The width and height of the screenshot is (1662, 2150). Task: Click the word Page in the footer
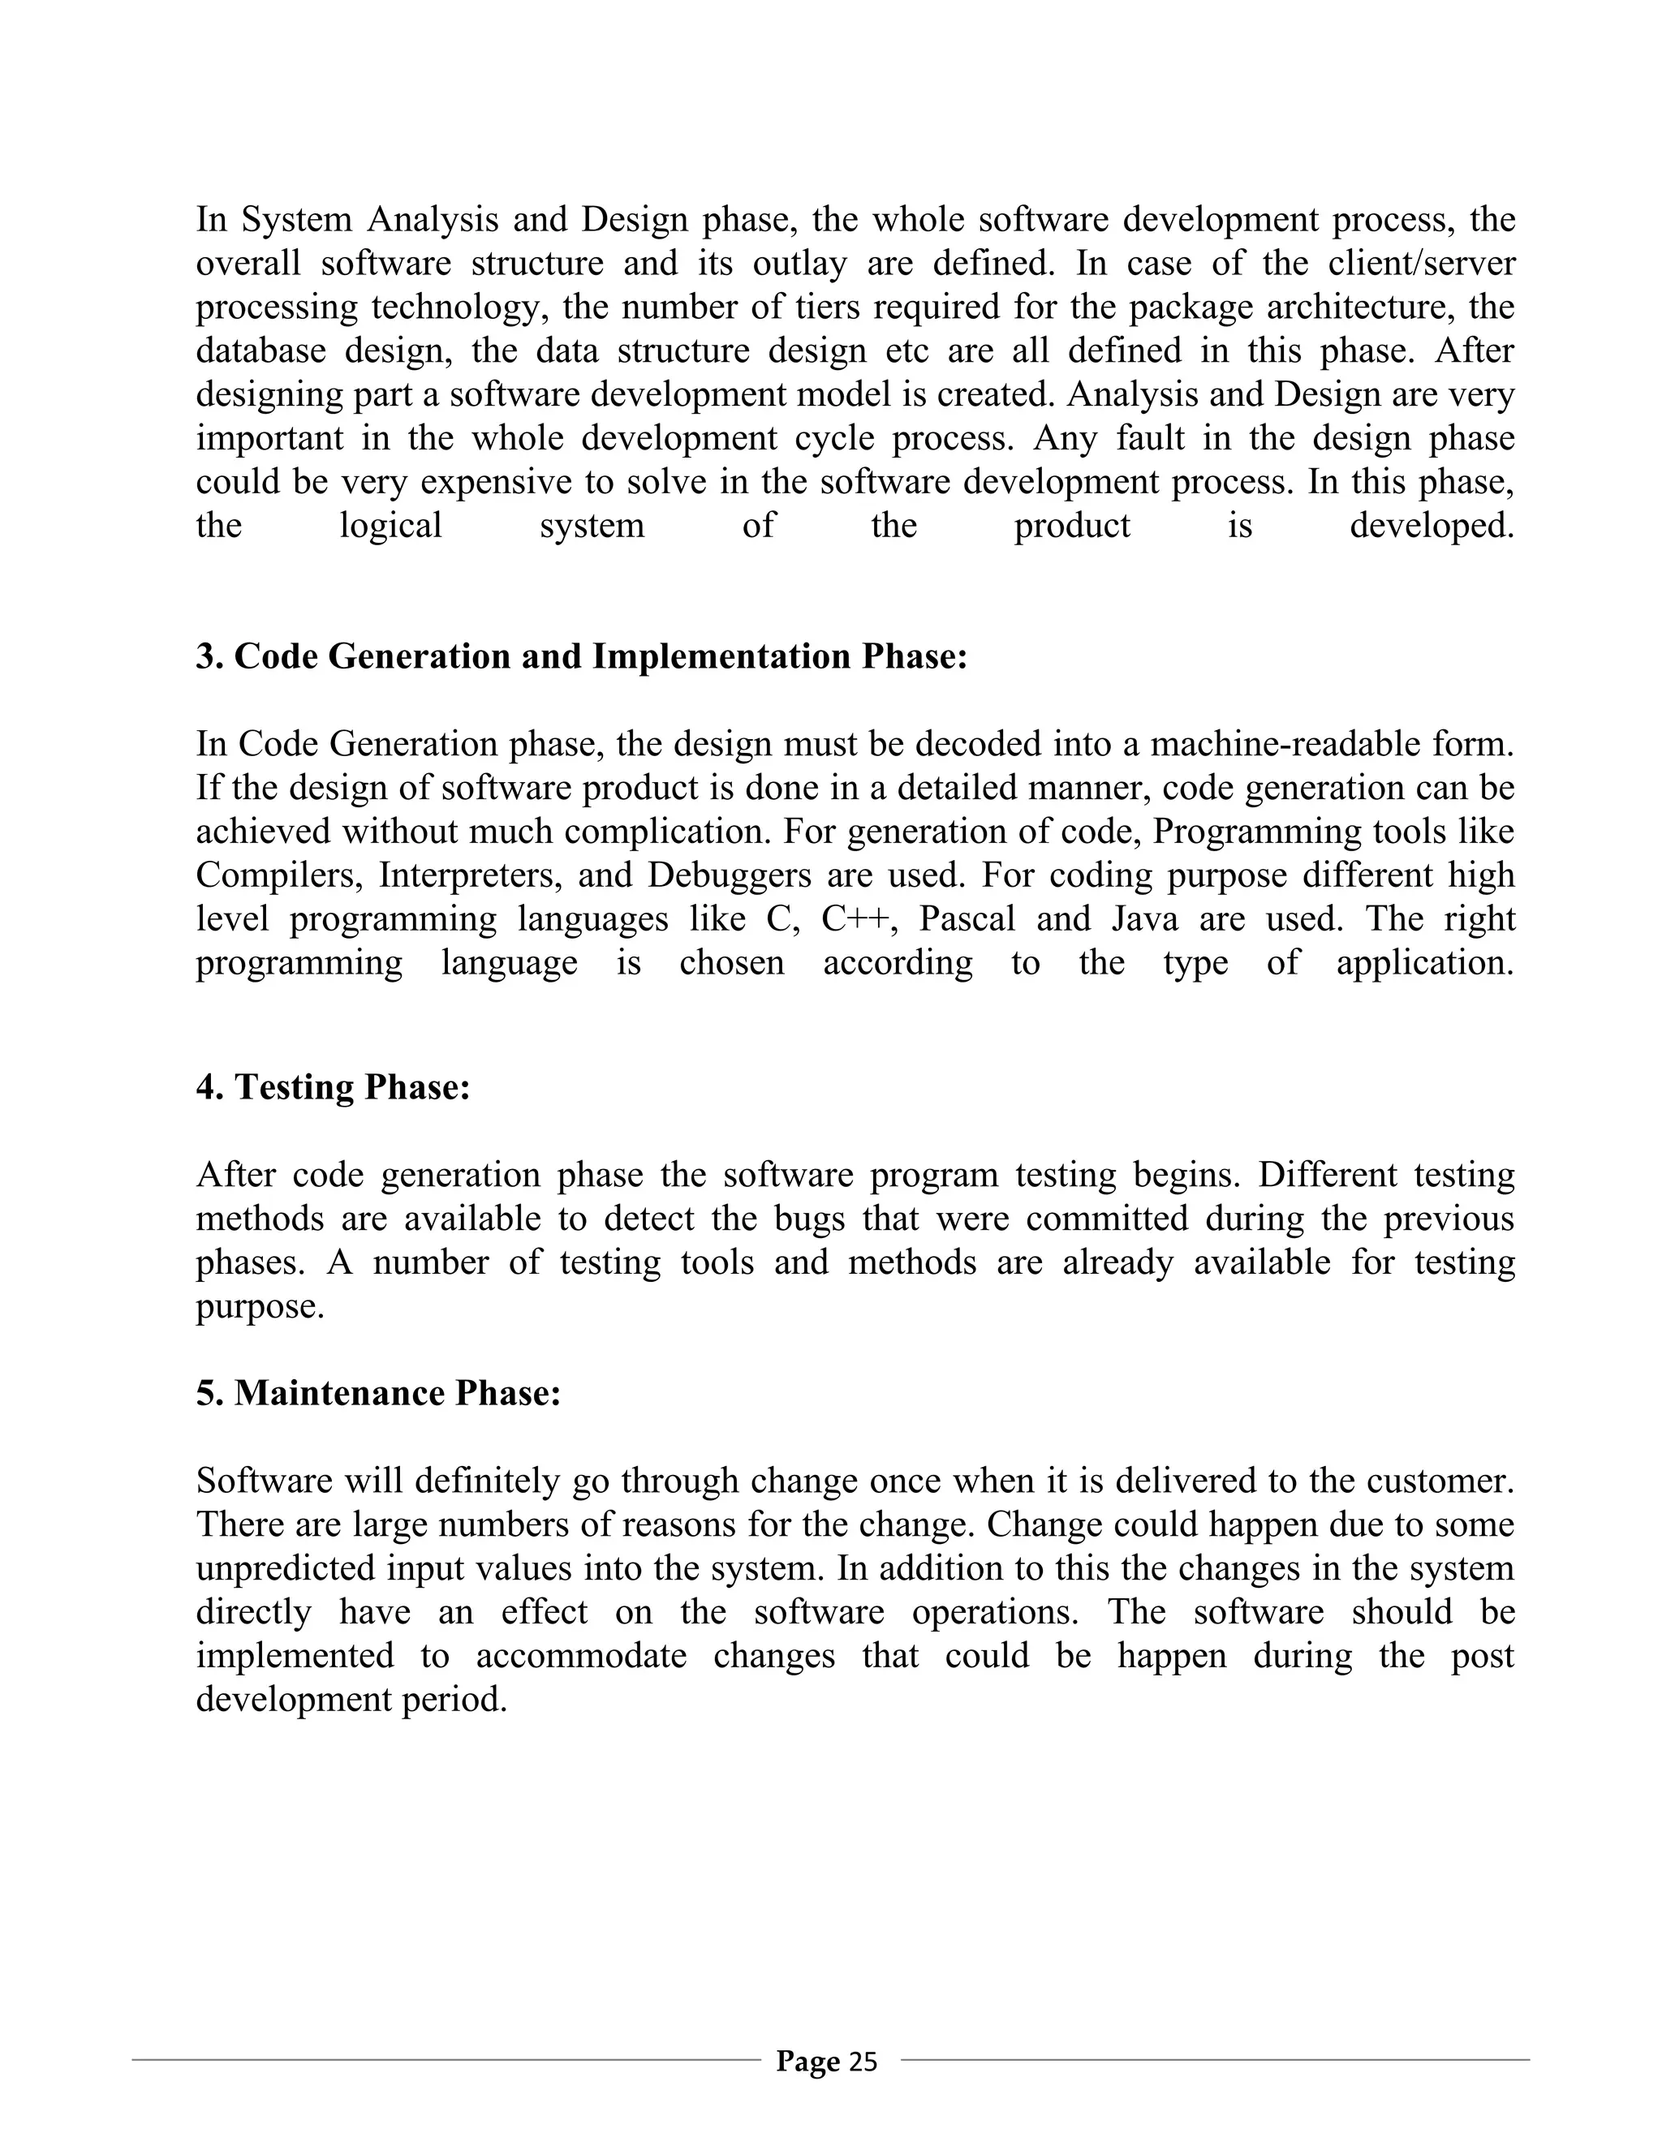tap(807, 2062)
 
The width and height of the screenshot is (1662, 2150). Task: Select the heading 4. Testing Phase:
tap(333, 1087)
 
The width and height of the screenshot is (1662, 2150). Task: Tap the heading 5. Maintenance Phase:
tap(378, 1393)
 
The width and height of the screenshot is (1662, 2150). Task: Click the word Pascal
tap(966, 918)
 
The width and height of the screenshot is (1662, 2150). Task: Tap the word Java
tap(1144, 918)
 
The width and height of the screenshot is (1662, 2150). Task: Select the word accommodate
tap(581, 1656)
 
